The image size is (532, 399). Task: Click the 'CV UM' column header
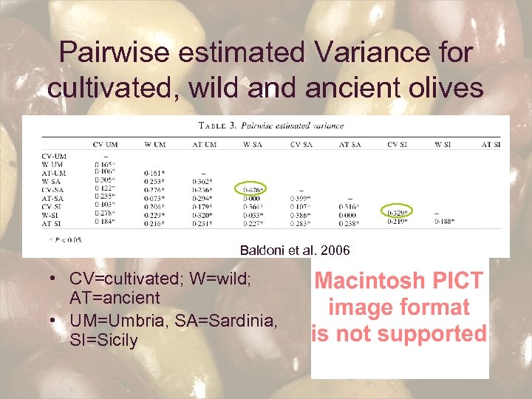[x=106, y=144]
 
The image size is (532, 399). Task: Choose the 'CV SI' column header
[x=399, y=144]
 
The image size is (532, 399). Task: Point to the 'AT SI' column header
[x=491, y=144]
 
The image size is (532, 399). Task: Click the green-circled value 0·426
[x=253, y=188]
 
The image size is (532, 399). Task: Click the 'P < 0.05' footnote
[x=67, y=239]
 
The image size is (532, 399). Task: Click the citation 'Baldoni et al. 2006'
[x=295, y=250]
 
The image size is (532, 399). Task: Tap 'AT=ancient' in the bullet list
[x=115, y=298]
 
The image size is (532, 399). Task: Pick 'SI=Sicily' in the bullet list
[x=103, y=341]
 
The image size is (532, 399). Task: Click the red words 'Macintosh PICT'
[x=399, y=281]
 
